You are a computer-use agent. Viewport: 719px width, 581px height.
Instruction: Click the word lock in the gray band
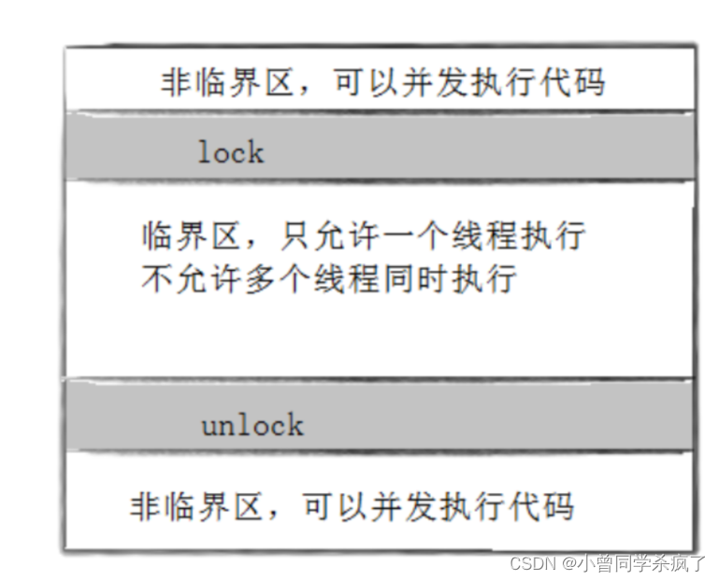[230, 151]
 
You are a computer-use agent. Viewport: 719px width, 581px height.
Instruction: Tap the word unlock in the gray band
[252, 426]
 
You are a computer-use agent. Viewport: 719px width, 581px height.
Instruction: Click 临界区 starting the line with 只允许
[185, 235]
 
